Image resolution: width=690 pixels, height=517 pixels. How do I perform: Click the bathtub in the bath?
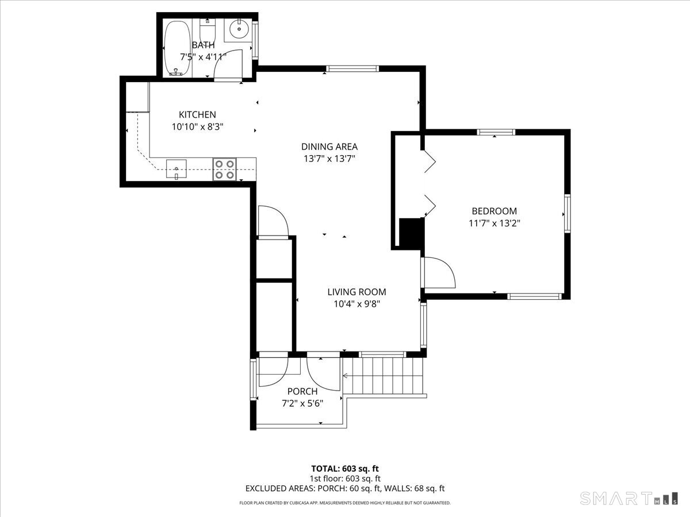[177, 48]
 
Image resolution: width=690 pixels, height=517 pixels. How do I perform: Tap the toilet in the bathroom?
[207, 29]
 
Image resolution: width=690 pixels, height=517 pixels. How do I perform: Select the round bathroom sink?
[240, 29]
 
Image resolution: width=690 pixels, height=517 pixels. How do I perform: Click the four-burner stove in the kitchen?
[225, 169]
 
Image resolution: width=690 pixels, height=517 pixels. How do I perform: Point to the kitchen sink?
[177, 169]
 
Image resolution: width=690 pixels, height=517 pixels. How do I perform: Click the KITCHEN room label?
[197, 114]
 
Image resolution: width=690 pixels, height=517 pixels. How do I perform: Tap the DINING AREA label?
[329, 146]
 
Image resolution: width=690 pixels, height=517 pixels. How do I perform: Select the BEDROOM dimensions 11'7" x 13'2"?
[494, 223]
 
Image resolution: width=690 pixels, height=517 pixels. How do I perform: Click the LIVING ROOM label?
[357, 292]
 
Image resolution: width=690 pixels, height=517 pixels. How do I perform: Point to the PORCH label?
[302, 391]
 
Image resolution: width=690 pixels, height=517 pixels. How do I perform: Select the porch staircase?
[383, 376]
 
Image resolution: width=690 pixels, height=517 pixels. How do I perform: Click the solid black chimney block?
[412, 233]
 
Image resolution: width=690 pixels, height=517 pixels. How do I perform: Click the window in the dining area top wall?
[352, 68]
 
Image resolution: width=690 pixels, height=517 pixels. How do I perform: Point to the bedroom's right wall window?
[567, 214]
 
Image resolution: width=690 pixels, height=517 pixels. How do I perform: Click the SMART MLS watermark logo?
[628, 499]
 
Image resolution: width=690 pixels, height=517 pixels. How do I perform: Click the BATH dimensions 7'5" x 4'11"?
[203, 57]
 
